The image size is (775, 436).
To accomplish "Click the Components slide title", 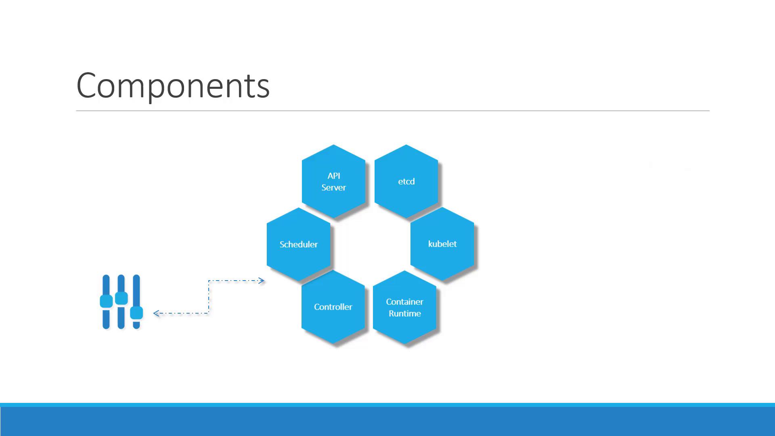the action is click(x=173, y=86).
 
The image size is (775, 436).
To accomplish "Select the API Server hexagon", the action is click(x=334, y=181).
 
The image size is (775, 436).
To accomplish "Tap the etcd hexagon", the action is click(x=406, y=181).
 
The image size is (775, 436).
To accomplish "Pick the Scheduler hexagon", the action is click(x=299, y=244).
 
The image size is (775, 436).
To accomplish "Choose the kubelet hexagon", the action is click(x=442, y=244).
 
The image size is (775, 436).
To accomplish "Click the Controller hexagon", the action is click(x=333, y=307).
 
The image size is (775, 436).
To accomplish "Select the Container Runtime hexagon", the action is click(x=404, y=307).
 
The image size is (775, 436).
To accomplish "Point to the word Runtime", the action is click(x=405, y=314).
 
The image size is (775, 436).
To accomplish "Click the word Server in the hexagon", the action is click(x=334, y=188).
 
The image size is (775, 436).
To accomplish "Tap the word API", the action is click(x=334, y=176).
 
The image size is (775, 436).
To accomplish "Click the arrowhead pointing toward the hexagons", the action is click(x=261, y=281).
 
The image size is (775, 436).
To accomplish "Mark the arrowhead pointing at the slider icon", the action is click(x=157, y=313).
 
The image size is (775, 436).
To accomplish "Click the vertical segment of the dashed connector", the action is click(x=209, y=297).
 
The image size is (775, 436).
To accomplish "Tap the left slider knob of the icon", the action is click(x=106, y=301).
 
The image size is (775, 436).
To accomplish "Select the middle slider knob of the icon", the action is click(x=121, y=298).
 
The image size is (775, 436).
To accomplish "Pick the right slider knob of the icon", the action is click(x=136, y=313).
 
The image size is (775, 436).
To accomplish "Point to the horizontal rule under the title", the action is click(x=393, y=111).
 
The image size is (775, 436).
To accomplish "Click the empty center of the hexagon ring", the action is click(x=371, y=244).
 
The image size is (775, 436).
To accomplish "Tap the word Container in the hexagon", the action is click(x=404, y=302).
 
